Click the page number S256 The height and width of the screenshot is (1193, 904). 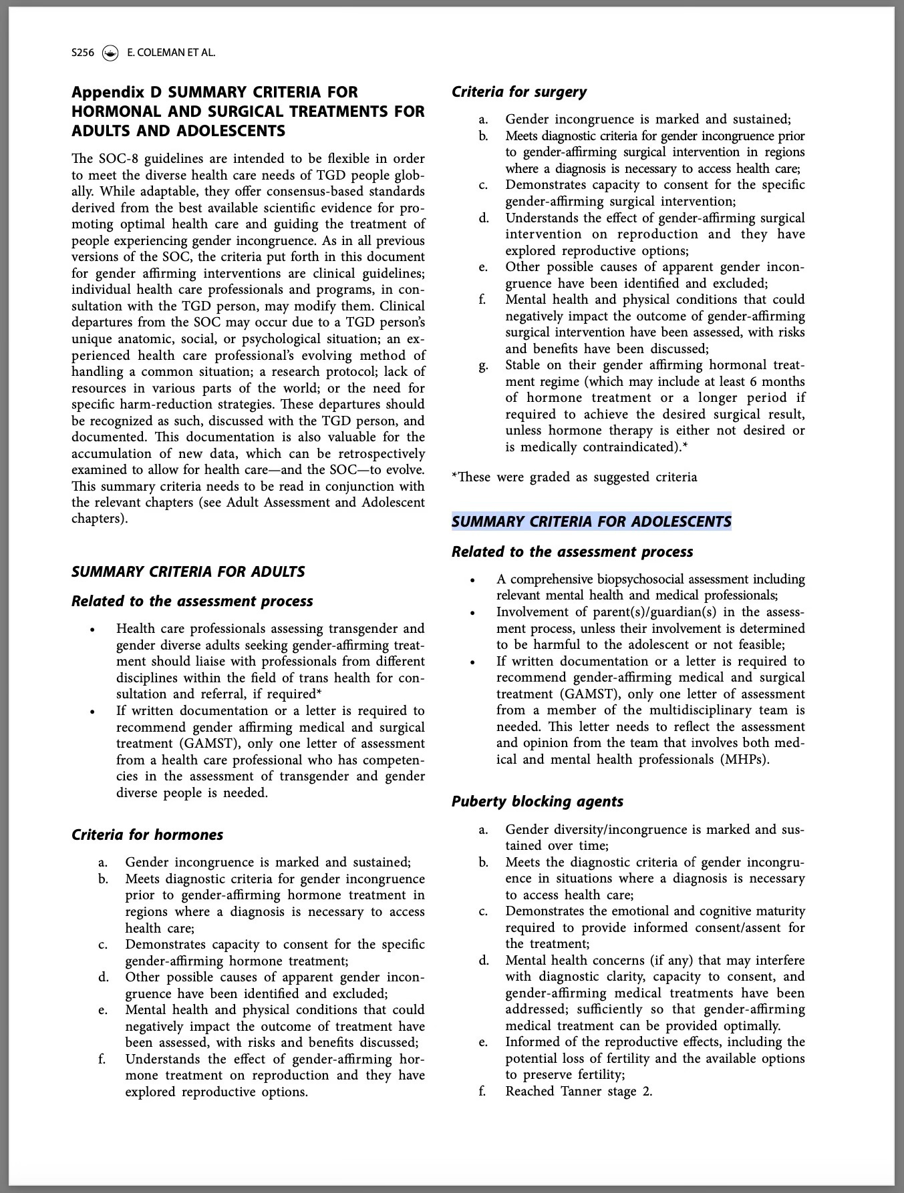coord(84,52)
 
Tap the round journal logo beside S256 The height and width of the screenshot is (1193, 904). coord(110,52)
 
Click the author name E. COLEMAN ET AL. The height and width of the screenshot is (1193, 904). coord(171,52)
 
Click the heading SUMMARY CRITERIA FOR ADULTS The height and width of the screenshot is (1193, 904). coord(188,571)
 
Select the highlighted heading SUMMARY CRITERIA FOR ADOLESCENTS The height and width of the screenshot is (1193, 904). coord(591,521)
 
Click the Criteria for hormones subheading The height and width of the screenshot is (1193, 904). coord(147,834)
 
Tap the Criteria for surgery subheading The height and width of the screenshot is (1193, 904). coord(519,92)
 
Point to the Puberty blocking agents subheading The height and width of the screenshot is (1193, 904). coord(537,801)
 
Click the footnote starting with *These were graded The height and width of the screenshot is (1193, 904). coord(574,477)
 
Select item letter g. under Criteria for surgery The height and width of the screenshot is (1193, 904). coord(483,365)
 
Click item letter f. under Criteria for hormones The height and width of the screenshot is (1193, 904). coord(103,1059)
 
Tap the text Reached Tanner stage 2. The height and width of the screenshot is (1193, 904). coord(579,1092)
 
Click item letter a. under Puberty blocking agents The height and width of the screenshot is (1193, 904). coord(483,830)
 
